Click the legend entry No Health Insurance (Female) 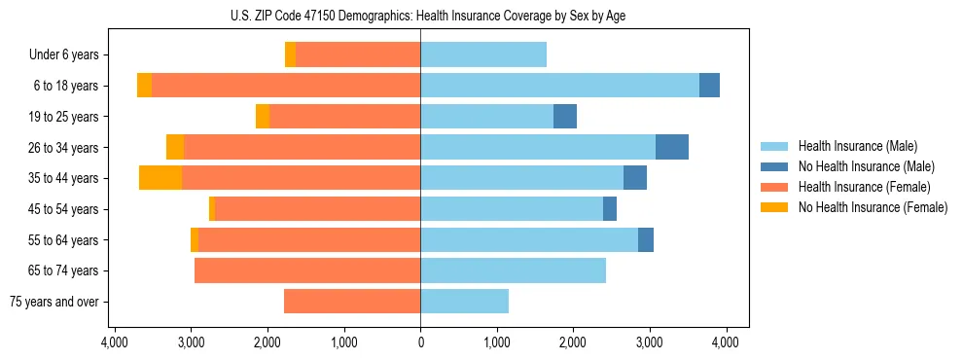873,207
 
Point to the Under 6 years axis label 63,55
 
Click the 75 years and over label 55,302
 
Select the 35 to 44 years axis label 64,178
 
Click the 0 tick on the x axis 420,342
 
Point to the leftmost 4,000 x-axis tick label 115,342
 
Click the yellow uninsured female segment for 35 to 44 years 160,178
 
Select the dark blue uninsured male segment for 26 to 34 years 672,147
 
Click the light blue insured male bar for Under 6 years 483,55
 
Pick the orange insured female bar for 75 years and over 352,302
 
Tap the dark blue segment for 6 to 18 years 709,86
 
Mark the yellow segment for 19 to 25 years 263,117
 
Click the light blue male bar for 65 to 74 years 513,270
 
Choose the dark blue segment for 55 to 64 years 646,239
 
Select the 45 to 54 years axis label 64,209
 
